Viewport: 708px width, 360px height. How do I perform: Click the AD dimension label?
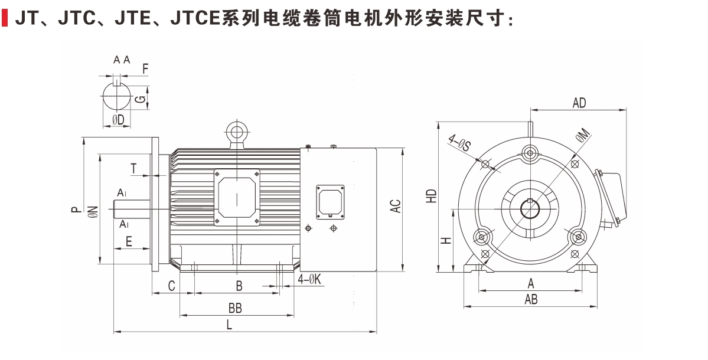click(x=579, y=103)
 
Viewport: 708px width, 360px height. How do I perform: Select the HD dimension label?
click(x=432, y=196)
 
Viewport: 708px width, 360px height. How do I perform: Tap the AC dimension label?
click(x=396, y=206)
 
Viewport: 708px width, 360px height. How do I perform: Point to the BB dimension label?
click(x=235, y=308)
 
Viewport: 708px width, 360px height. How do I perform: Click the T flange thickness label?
click(x=135, y=168)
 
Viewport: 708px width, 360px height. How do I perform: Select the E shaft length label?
click(x=129, y=241)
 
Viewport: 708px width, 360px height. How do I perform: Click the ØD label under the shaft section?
click(x=118, y=120)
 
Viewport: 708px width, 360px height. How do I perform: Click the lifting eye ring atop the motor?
click(x=236, y=131)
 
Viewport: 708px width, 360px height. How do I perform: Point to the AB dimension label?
click(x=531, y=300)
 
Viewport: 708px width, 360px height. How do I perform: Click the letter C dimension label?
click(x=172, y=286)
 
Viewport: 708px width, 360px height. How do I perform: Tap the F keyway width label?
click(x=145, y=68)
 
